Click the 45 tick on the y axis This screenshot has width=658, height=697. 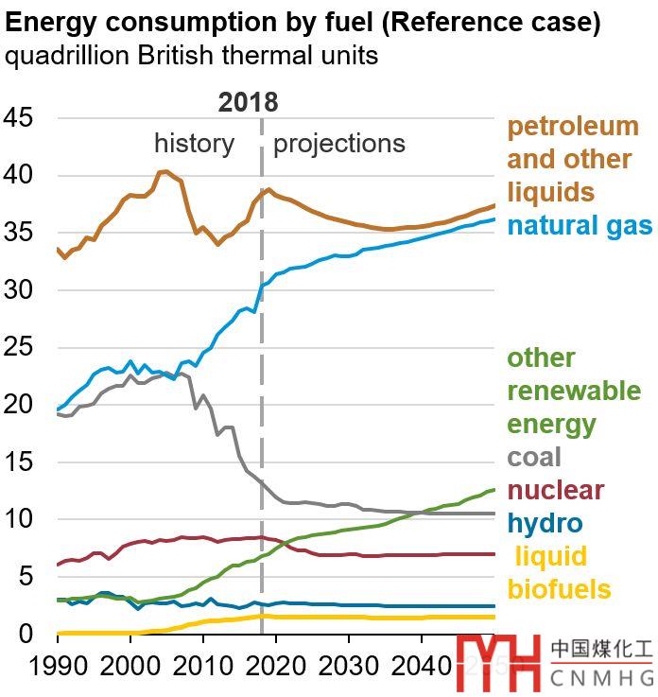pos(20,118)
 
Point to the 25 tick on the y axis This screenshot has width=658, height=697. pos(20,348)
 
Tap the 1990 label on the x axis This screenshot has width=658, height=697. pos(57,667)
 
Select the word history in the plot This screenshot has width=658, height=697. pos(194,144)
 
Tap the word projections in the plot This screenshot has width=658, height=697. pos(338,144)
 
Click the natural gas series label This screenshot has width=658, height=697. pos(579,226)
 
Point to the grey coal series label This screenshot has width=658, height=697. pos(534,458)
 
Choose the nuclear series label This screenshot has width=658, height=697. pos(555,491)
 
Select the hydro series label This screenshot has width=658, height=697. pos(545,524)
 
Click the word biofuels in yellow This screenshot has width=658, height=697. pos(559,590)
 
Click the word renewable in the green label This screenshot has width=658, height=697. pos(574,392)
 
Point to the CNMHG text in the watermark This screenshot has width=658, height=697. pos(601,677)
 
